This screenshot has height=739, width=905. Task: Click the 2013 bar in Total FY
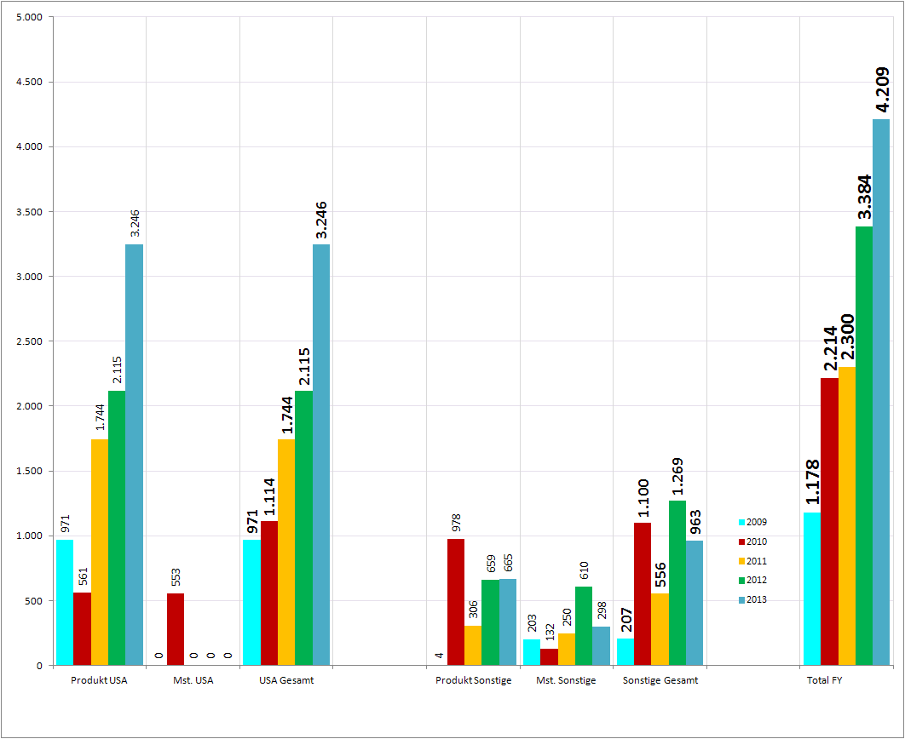[x=881, y=392]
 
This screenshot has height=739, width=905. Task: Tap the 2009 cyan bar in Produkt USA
[x=65, y=602]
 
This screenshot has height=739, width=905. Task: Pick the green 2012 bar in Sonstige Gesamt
[x=677, y=582]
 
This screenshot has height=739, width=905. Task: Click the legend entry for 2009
[x=752, y=522]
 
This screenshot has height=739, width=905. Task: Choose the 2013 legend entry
[x=752, y=599]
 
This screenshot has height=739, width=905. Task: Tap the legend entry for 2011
[x=752, y=561]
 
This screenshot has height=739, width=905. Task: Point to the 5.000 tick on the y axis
[x=29, y=17]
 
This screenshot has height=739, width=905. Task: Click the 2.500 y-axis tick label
[x=29, y=341]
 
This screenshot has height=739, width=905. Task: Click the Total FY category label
[x=825, y=680]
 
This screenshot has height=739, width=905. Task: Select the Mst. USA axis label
[x=193, y=680]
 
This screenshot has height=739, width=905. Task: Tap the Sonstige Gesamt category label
[x=660, y=680]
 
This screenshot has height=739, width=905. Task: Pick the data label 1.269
[x=678, y=477]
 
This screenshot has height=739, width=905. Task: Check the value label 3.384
[x=864, y=198]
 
